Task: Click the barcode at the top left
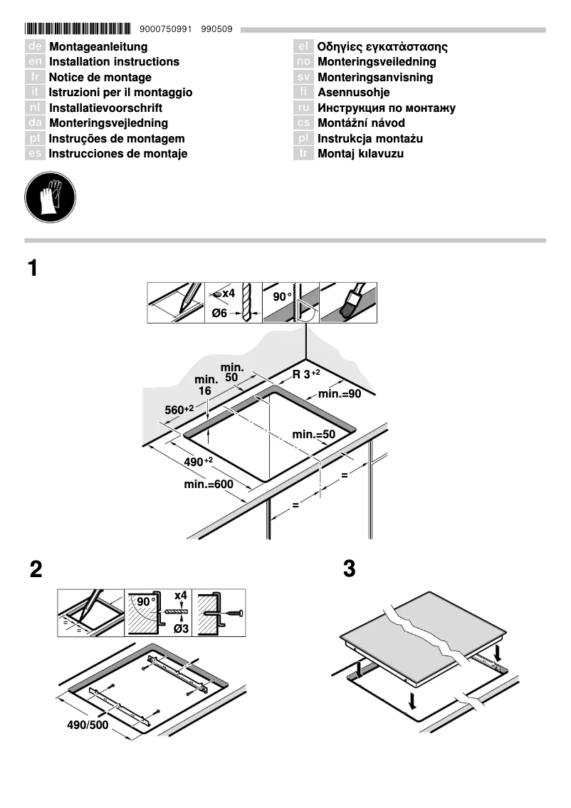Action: tap(78, 29)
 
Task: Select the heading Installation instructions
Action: tap(114, 62)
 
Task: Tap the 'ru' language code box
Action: tap(303, 108)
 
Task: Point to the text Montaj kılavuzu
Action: tap(360, 154)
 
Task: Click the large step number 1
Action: tap(33, 269)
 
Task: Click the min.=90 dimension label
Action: tap(340, 394)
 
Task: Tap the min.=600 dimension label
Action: tap(208, 485)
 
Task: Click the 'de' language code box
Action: tap(35, 47)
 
